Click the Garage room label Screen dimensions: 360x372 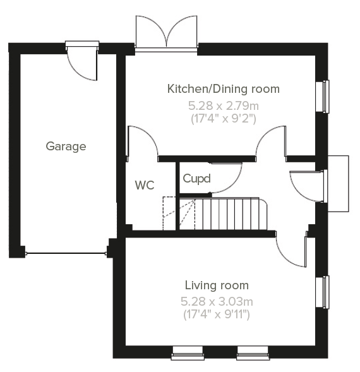click(x=66, y=147)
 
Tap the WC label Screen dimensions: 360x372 click(x=145, y=185)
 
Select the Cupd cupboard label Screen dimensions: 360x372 click(x=196, y=179)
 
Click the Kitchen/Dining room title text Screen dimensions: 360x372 click(x=224, y=89)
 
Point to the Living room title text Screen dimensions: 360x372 click(x=217, y=285)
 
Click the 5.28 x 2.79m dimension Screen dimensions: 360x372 click(x=224, y=106)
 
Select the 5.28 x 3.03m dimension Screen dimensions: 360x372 click(x=217, y=302)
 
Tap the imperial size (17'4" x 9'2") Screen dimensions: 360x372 click(x=224, y=118)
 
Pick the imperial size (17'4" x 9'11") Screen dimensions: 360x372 click(x=217, y=315)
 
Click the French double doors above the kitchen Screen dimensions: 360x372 click(x=166, y=33)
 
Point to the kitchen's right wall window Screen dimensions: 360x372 click(x=323, y=97)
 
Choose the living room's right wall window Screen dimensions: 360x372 click(x=323, y=292)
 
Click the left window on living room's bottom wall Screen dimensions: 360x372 click(x=188, y=353)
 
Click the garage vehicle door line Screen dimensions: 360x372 click(x=66, y=253)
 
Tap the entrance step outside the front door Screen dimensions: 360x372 click(x=338, y=183)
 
